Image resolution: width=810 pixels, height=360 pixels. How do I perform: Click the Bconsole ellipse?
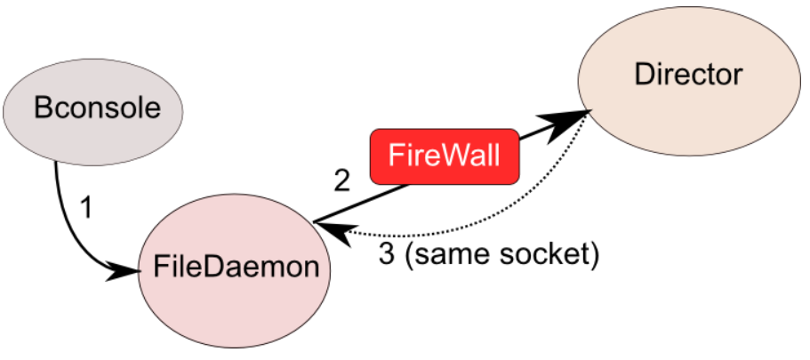93,109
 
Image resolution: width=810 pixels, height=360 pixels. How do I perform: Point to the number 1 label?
85,210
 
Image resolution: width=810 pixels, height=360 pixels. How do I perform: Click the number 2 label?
341,181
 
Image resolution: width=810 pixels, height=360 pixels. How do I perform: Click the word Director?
687,76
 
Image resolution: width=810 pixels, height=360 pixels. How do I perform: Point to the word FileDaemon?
235,267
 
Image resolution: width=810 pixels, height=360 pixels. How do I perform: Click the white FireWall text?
445,156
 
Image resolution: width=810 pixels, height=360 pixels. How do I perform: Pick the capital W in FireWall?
456,156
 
